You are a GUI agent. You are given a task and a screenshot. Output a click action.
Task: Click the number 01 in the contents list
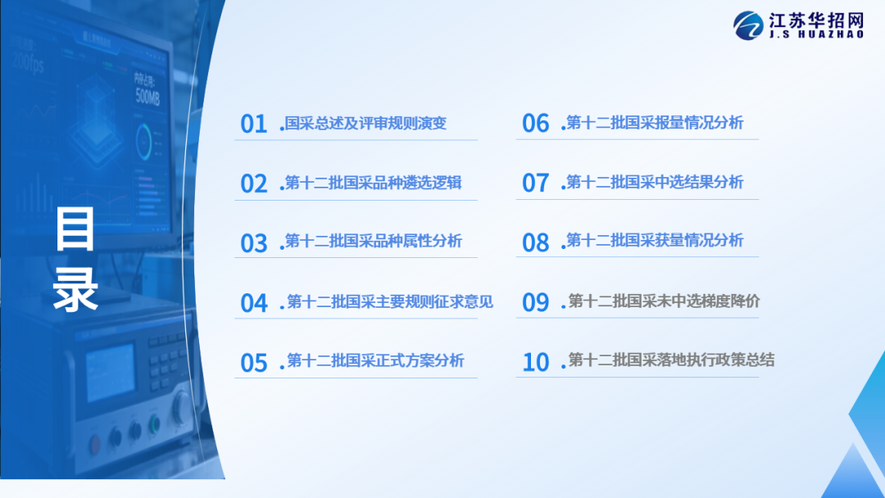point(253,124)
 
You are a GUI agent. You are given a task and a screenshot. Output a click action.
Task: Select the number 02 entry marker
point(253,183)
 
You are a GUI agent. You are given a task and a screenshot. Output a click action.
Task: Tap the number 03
point(253,243)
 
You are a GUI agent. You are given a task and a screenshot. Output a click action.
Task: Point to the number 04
point(253,303)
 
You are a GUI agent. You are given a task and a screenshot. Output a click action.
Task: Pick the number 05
point(253,363)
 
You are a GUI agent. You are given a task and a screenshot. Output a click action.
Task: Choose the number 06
point(535,124)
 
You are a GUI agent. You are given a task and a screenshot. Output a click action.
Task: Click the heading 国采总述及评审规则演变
point(365,123)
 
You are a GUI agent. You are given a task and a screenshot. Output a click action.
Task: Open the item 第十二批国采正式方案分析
point(375,360)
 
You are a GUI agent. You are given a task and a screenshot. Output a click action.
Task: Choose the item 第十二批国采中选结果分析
point(655,182)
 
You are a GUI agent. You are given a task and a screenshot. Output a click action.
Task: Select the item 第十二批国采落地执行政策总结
point(671,360)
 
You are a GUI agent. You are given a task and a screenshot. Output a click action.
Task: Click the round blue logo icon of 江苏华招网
point(748,25)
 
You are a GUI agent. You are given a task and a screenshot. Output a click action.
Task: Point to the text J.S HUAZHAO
point(816,34)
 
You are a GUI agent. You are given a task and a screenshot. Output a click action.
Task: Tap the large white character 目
point(75,229)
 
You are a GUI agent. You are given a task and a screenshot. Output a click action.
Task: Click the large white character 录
point(75,290)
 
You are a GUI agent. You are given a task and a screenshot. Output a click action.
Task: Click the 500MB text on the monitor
point(147,97)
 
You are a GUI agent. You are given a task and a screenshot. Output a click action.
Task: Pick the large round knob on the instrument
point(182,407)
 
